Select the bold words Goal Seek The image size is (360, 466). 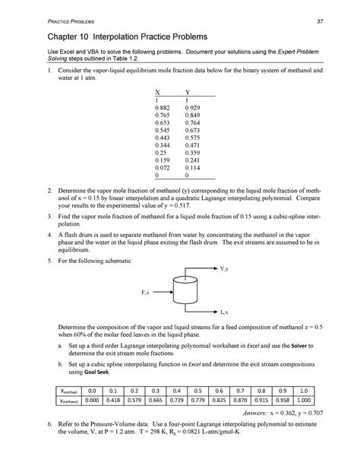click(106, 393)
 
